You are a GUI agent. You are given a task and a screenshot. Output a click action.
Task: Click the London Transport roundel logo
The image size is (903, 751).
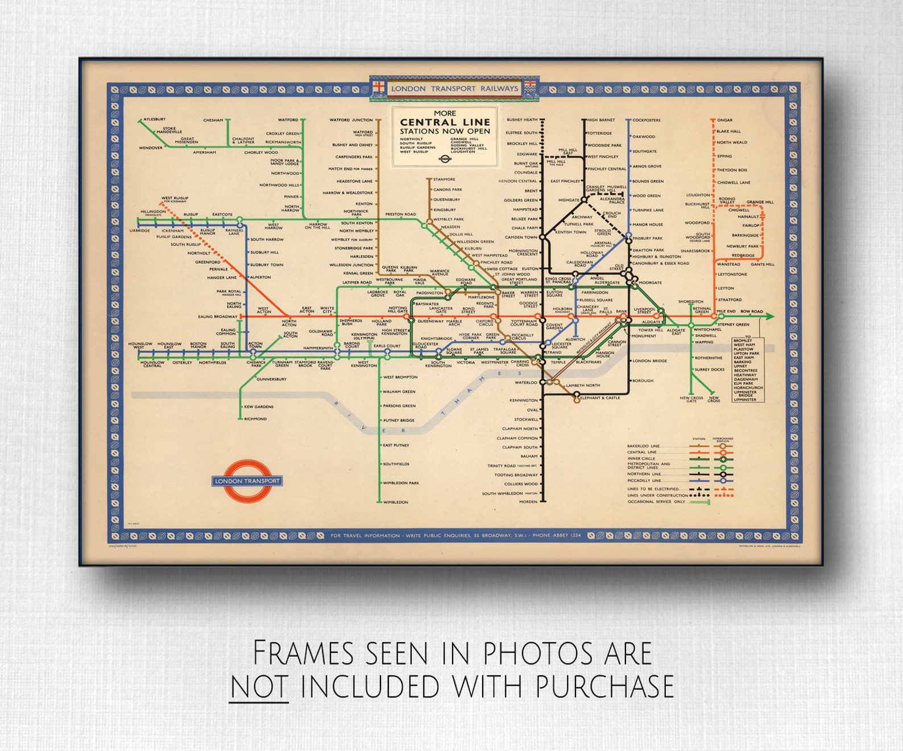tap(247, 481)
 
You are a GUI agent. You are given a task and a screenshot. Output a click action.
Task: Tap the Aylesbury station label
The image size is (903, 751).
tap(154, 119)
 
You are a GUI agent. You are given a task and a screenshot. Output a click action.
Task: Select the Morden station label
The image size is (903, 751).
tap(528, 502)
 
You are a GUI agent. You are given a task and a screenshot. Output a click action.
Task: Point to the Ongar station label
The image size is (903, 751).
tap(724, 121)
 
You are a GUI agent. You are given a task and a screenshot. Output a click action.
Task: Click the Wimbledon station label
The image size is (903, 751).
tap(395, 503)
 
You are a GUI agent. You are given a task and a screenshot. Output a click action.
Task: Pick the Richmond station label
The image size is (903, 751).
tap(255, 419)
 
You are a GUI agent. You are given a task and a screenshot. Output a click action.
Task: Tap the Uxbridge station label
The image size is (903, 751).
tap(139, 231)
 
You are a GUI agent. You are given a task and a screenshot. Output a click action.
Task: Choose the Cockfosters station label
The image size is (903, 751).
tap(647, 121)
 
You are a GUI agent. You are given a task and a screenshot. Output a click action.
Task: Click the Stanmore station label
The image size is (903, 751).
tap(444, 180)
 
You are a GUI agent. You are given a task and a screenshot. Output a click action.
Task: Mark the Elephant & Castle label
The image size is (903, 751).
tap(600, 398)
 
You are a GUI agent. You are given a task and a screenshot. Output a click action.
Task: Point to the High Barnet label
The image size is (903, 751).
tap(601, 121)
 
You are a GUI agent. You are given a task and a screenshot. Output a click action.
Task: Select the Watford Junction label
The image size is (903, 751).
tap(351, 121)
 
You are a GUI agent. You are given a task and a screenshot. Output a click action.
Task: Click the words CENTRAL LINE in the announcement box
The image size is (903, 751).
tap(445, 122)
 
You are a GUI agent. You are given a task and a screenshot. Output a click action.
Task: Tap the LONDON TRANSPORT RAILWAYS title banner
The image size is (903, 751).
tap(454, 89)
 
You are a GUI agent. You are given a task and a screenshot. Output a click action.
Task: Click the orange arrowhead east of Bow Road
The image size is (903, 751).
tap(769, 317)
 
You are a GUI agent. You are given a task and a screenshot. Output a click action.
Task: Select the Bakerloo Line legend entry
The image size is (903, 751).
tap(643, 446)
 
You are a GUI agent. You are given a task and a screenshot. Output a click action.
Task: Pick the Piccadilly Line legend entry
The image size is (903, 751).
tap(644, 480)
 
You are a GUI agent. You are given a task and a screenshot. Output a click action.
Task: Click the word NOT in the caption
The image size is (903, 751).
tap(259, 686)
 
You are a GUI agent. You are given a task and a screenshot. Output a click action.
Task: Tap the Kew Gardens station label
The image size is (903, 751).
tap(259, 407)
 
